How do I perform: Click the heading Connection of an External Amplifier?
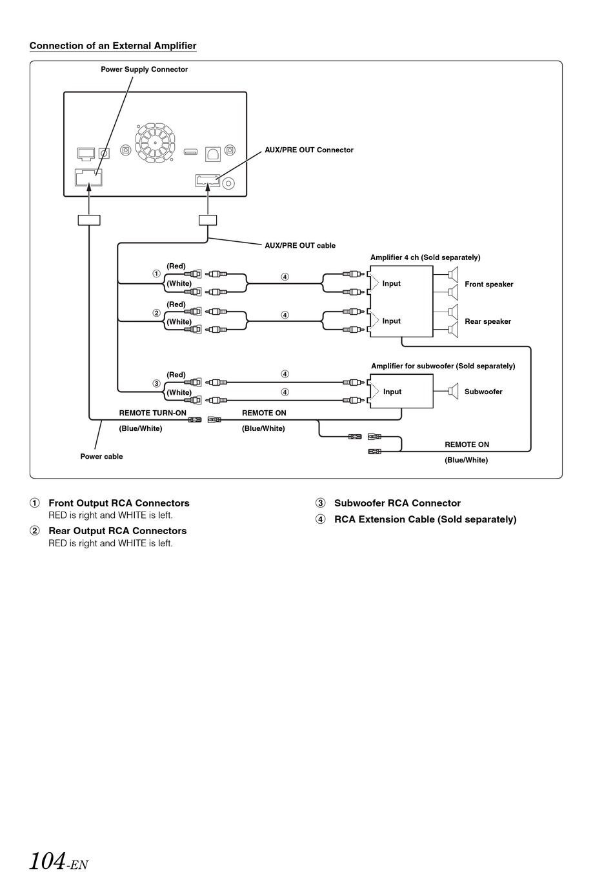coord(113,46)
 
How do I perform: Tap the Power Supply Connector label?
coord(145,69)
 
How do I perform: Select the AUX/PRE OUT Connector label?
coord(309,150)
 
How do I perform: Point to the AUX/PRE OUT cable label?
coord(300,246)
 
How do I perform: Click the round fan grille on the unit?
coord(155,143)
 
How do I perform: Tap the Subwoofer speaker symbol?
coord(453,391)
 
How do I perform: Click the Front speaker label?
coord(489,284)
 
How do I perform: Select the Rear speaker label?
coord(488,321)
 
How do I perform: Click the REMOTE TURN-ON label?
coord(152,413)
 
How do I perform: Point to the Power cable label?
coord(101,456)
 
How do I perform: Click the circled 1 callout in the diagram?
coord(157,274)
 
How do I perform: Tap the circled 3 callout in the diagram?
coord(157,384)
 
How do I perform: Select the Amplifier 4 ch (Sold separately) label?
coord(425,257)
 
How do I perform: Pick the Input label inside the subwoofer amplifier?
coord(392,392)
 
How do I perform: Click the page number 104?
coord(47,861)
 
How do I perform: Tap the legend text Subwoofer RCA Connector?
coord(397,503)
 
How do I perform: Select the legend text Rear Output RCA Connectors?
coord(117,531)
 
